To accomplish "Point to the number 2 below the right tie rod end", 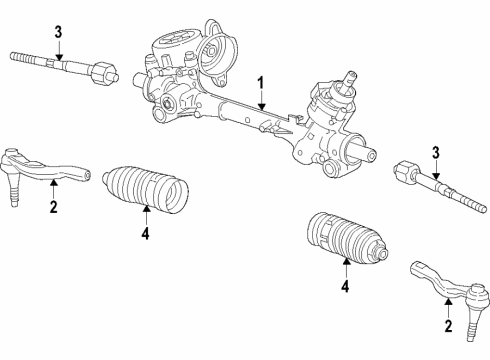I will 447,324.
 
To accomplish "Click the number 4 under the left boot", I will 145,234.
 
